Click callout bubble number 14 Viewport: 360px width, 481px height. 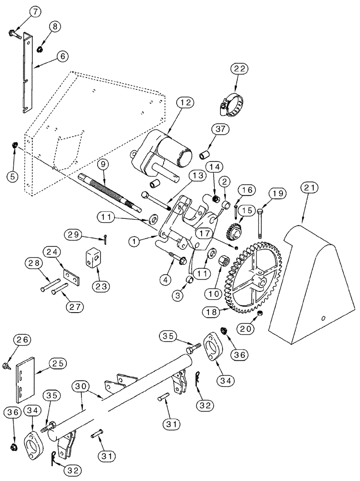215,166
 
